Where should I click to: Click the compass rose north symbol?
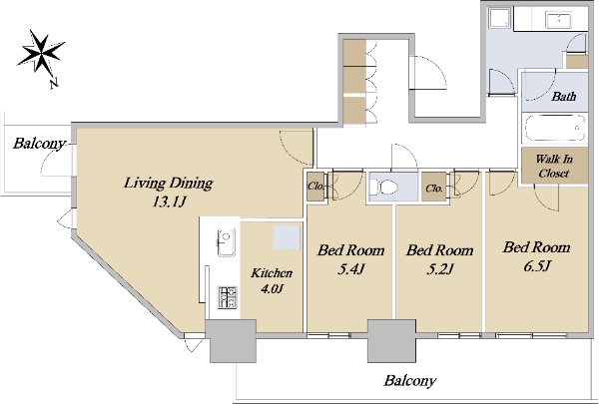pos(41,54)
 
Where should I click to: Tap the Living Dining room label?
pos(168,183)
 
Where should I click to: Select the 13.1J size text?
pos(169,202)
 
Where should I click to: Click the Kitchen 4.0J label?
pos(272,280)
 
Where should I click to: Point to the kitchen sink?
pos(227,242)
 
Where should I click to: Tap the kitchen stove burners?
pos(227,297)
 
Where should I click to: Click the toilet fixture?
pos(383,188)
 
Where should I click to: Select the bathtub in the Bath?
pos(555,129)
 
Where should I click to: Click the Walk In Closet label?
pos(554,166)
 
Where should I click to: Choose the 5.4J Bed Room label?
pos(350,259)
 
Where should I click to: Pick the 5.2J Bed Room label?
pos(439,259)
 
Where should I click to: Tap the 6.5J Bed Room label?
pos(536,256)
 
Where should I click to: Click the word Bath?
pos(563,96)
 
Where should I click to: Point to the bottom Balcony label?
pos(410,381)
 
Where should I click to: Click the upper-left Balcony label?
pos(39,144)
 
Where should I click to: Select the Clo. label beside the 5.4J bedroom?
pos(315,187)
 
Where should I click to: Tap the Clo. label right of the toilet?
pos(434,189)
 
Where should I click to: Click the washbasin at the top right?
pos(558,20)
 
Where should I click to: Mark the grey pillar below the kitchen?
pos(233,341)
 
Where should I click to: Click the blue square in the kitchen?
pos(287,237)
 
